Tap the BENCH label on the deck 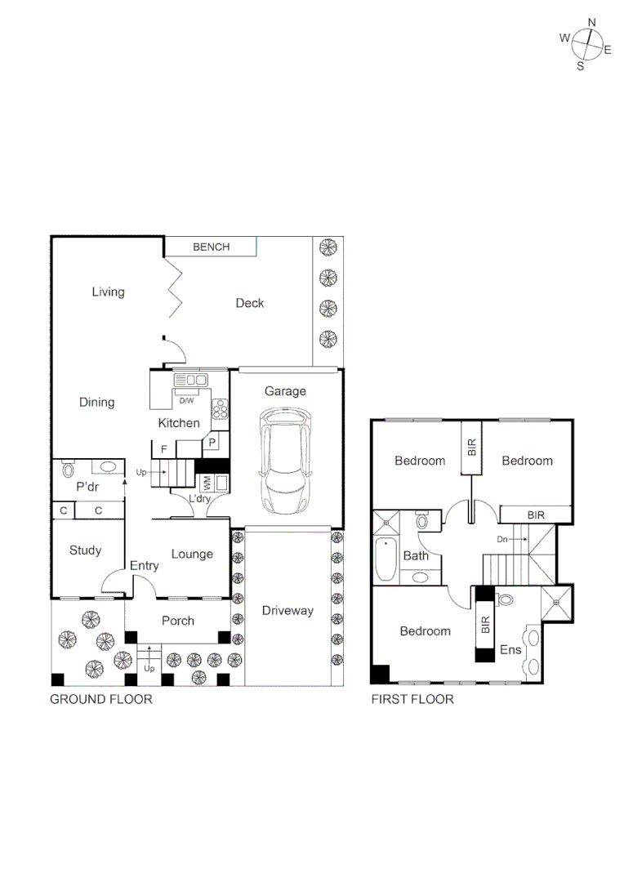click(211, 247)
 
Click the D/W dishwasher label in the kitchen click(186, 400)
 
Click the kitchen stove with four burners click(220, 408)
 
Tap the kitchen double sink click(191, 380)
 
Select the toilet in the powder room click(68, 470)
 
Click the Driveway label click(287, 610)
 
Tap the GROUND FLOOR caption click(101, 699)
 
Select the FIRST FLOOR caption click(412, 699)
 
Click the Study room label click(85, 550)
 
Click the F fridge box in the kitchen click(164, 449)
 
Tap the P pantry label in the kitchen click(212, 442)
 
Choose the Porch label click(177, 621)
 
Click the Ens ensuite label click(510, 651)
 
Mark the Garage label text click(285, 391)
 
